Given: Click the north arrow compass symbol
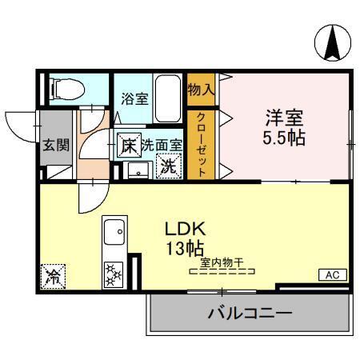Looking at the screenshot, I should pyautogui.click(x=330, y=43).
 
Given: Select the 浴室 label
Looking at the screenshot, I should pyautogui.click(x=135, y=99).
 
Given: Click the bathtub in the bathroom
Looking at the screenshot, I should pyautogui.click(x=168, y=98).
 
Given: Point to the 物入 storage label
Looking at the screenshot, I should pyautogui.click(x=201, y=90).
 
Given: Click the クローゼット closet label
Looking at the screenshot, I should pyautogui.click(x=202, y=145).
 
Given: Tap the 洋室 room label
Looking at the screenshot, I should pyautogui.click(x=285, y=118).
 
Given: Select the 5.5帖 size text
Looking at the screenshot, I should pyautogui.click(x=285, y=138).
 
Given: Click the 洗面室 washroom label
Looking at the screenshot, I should pyautogui.click(x=162, y=146).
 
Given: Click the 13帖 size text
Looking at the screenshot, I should pyautogui.click(x=184, y=246).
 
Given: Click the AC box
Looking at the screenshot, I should pyautogui.click(x=333, y=275).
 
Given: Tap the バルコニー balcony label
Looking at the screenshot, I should pyautogui.click(x=250, y=313).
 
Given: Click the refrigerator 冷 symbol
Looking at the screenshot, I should pyautogui.click(x=54, y=276).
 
